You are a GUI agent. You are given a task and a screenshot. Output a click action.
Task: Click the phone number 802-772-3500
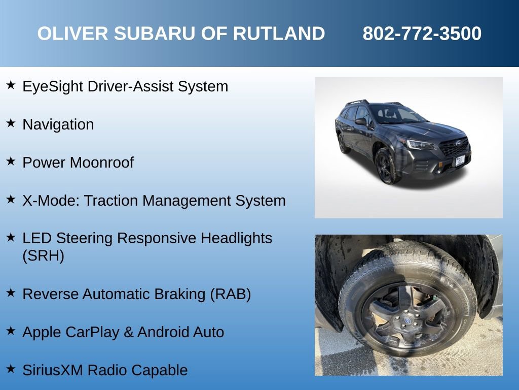422,34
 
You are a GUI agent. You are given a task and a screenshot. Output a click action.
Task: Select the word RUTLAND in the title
278,34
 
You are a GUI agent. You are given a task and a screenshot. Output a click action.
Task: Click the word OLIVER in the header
73,34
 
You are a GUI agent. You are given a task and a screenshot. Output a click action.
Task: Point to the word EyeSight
53,86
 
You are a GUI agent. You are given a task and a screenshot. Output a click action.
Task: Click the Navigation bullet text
58,124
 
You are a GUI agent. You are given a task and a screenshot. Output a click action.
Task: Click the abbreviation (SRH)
44,255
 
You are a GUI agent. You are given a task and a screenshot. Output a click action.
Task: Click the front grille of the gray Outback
453,147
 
